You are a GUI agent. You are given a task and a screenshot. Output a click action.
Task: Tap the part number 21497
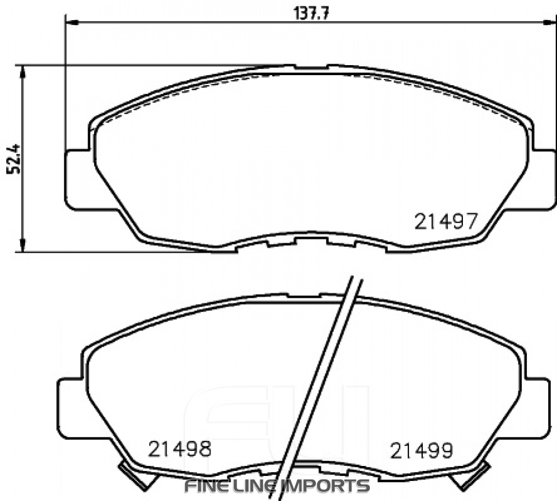[x=445, y=222]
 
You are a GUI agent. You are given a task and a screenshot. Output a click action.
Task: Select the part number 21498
[x=179, y=449]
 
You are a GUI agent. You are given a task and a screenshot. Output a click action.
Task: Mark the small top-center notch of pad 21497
[x=311, y=67]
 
